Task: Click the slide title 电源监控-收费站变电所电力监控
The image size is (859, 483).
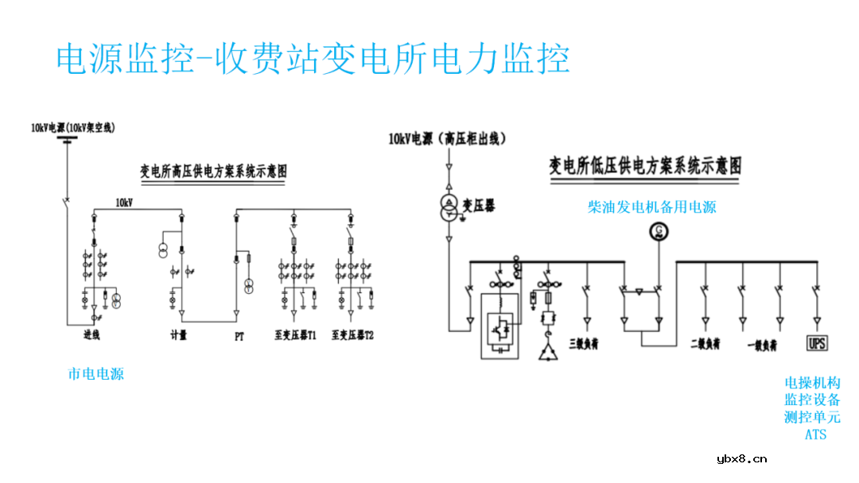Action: point(313,59)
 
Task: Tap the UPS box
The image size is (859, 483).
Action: point(816,343)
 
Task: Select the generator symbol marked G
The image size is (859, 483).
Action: point(658,230)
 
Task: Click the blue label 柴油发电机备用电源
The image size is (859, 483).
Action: point(651,207)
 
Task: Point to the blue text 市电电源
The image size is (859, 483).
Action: point(95,373)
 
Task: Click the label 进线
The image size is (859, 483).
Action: point(92,336)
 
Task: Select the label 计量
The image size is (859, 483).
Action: point(179,336)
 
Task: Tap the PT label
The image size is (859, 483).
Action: point(239,336)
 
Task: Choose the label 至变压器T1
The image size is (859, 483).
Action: point(296,336)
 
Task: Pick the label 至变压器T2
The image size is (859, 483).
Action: point(353,336)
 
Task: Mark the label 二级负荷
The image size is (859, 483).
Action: point(705,345)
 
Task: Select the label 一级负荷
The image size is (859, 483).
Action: point(762,345)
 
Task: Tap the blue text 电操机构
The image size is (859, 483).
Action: point(812,383)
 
